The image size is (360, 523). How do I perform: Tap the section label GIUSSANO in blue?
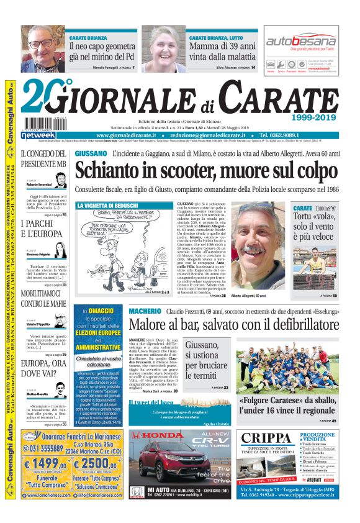pyautogui.click(x=91, y=153)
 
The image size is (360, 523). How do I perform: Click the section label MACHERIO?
pyautogui.click(x=146, y=310)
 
